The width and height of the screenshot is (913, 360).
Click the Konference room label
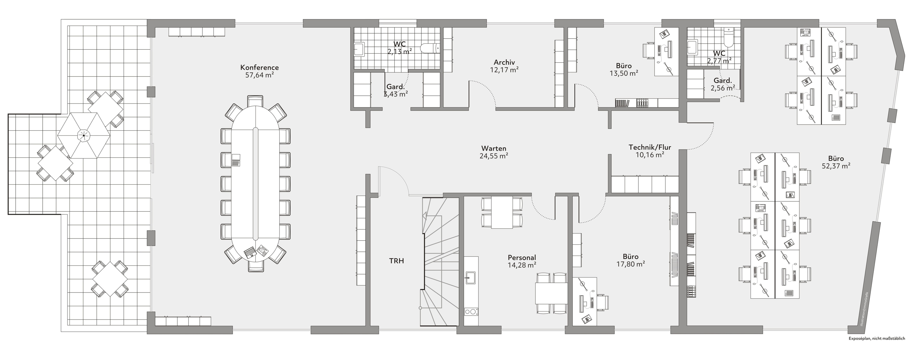point(259,67)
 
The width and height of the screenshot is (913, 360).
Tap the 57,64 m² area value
point(259,75)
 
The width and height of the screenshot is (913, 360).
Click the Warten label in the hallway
point(494,149)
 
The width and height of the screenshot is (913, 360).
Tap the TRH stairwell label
point(397,261)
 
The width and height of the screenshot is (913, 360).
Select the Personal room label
point(522,258)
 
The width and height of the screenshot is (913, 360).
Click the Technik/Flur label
point(650,147)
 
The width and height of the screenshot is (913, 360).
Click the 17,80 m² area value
point(631,264)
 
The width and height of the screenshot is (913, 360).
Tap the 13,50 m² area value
point(624,73)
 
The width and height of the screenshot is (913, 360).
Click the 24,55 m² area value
point(494,156)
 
